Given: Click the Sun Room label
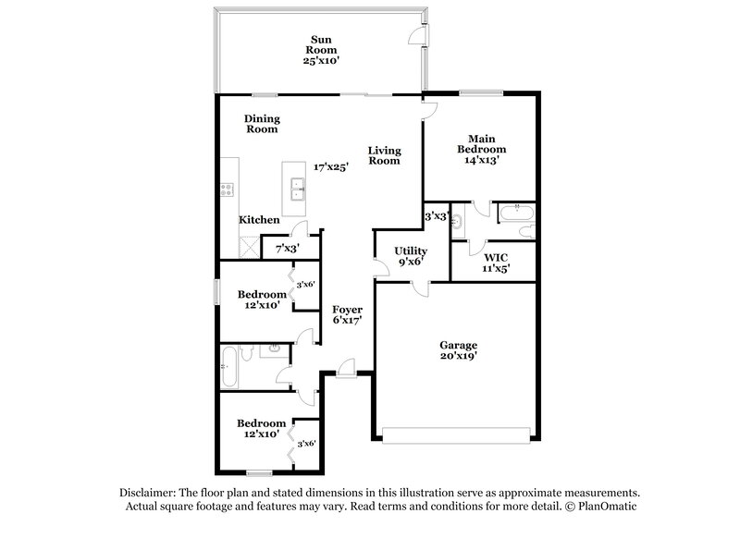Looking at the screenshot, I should pos(322,47).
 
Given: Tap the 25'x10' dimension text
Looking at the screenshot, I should pos(322,60).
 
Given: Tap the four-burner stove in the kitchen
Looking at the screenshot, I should pos(226,190).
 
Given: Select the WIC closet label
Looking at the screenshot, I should pos(490,256).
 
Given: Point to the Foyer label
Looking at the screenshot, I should pos(348,310).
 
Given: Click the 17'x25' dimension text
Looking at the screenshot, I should pos(330,167).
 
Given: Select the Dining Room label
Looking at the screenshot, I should pos(262,124).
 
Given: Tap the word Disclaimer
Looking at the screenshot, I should pos(151,494).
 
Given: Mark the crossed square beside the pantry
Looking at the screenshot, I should pos(249,247).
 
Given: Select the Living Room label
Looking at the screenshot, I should pos(384,154).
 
